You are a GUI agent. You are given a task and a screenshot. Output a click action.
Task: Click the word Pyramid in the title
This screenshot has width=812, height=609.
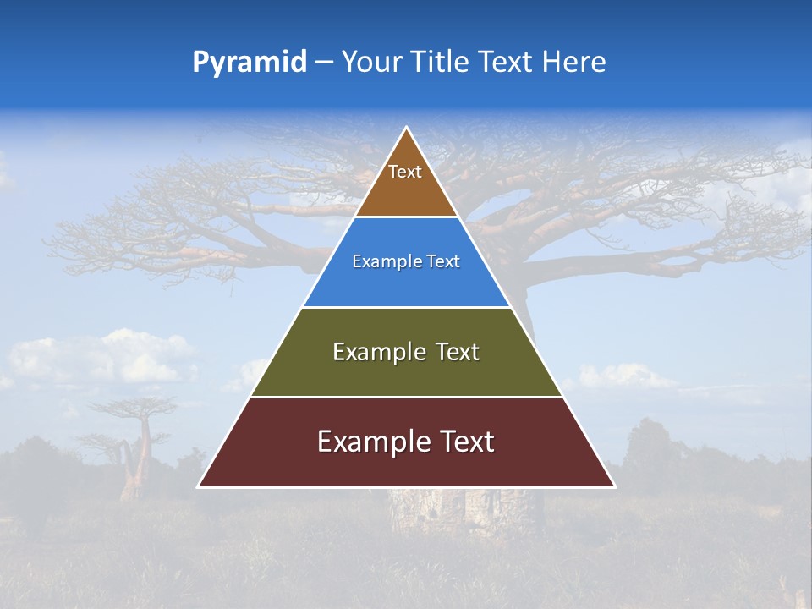pos(250,63)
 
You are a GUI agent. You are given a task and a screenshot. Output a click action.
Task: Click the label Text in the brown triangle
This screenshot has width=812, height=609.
pos(405,172)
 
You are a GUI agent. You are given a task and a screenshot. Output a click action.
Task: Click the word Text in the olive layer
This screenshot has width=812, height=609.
pos(458,352)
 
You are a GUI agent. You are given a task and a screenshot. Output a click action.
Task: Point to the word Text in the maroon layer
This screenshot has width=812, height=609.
pos(464,442)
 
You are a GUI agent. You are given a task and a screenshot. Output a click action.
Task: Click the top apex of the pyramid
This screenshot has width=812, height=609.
pos(407,129)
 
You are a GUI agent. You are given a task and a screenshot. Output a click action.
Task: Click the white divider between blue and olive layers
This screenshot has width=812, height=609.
pos(407,307)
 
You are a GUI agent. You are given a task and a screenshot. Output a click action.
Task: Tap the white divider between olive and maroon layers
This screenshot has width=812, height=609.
pos(407,397)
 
